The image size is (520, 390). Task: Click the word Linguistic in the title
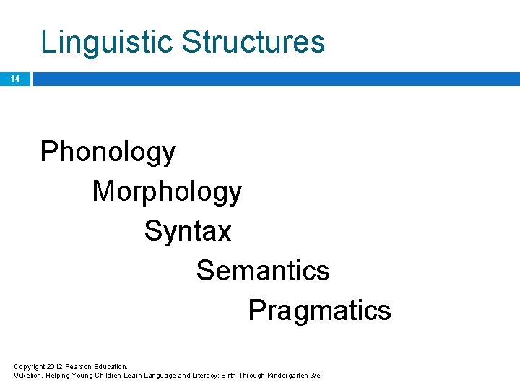click(107, 42)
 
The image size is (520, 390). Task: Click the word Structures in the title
click(253, 42)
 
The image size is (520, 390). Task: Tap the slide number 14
click(15, 79)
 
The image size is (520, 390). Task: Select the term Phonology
click(108, 152)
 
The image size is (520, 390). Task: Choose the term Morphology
click(167, 192)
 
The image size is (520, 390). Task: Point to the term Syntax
click(188, 231)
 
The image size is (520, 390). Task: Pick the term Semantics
click(263, 271)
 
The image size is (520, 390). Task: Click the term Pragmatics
click(319, 311)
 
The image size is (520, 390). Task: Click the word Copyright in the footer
click(29, 367)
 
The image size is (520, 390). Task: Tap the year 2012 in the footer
click(55, 367)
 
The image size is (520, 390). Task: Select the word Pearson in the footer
click(80, 367)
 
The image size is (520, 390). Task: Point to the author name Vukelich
click(28, 376)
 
